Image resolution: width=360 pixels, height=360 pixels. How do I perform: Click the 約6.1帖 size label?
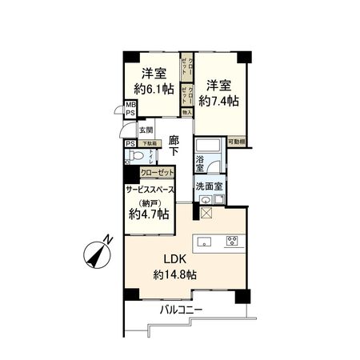pyautogui.click(x=154, y=90)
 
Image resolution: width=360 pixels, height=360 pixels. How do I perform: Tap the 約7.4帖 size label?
pyautogui.click(x=219, y=102)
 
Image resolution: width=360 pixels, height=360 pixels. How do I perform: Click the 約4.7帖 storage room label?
pyautogui.click(x=149, y=214)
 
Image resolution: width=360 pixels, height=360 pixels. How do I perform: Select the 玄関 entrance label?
pyautogui.click(x=146, y=130)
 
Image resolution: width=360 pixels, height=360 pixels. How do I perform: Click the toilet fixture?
pyautogui.click(x=137, y=156)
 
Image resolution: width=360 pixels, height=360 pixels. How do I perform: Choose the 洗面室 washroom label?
pyautogui.click(x=209, y=187)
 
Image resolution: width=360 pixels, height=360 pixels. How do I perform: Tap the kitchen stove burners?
pyautogui.click(x=231, y=239)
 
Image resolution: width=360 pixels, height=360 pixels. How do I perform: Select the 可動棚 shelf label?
pyautogui.click(x=237, y=142)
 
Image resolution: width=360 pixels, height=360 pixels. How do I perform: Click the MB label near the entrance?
pyautogui.click(x=130, y=104)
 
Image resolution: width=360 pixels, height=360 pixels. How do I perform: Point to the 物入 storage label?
pyautogui.click(x=187, y=113)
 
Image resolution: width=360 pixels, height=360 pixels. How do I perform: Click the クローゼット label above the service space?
pyautogui.click(x=155, y=172)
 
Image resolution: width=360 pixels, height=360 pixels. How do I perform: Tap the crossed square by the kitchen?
pyautogui.click(x=206, y=213)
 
